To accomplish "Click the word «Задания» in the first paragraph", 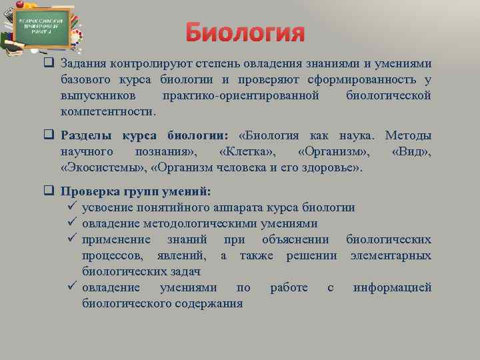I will pyautogui.click(x=85, y=64).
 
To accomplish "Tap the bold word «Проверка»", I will pyautogui.click(x=90, y=191).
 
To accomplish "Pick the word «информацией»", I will pyautogui.click(x=392, y=287).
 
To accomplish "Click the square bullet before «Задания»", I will pyautogui.click(x=49, y=64).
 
